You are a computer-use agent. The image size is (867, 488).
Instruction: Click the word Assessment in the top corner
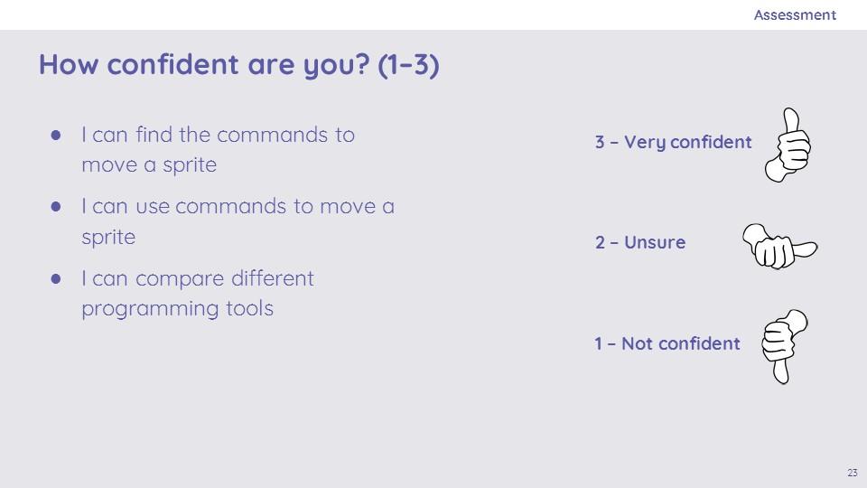(795, 15)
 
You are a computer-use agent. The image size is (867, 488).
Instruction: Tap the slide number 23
(852, 473)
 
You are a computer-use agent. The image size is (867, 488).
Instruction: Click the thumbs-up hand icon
(788, 145)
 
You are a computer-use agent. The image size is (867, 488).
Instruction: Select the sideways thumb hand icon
(779, 246)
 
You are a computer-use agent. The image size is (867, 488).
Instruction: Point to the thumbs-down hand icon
(784, 346)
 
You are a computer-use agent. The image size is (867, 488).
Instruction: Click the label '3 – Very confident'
(673, 142)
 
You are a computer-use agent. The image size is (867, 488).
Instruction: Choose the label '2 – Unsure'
(640, 242)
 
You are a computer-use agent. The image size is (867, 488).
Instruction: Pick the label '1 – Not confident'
(667, 343)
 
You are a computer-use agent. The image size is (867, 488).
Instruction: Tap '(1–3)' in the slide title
(408, 65)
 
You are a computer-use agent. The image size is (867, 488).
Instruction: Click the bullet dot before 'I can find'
(56, 135)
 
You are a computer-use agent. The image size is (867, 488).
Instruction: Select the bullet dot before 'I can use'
(56, 206)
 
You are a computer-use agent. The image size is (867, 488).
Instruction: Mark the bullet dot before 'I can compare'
(56, 278)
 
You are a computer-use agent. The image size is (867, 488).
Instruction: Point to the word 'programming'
(150, 309)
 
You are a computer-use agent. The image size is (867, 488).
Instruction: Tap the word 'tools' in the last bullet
(250, 308)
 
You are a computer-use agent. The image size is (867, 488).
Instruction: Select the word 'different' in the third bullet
(273, 277)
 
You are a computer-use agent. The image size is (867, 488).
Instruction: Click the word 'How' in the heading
(69, 64)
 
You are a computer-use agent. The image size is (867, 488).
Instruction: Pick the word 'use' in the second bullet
(153, 207)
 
